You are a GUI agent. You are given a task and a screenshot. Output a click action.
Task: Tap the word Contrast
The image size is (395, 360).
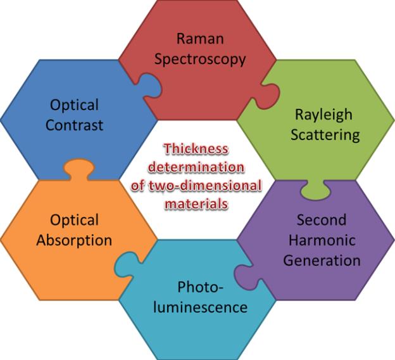point(74,125)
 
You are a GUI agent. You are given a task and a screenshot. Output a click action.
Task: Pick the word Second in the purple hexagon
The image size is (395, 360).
point(322,220)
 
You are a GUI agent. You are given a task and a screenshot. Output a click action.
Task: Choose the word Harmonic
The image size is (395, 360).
point(322,240)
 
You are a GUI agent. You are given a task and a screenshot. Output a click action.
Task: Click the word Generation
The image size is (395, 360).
point(322,260)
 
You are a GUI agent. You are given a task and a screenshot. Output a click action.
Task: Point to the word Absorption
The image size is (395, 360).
point(74,240)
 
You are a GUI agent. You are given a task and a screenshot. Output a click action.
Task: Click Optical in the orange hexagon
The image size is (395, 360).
point(74,220)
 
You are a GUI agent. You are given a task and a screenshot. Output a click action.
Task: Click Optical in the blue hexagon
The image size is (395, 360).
point(74,105)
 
